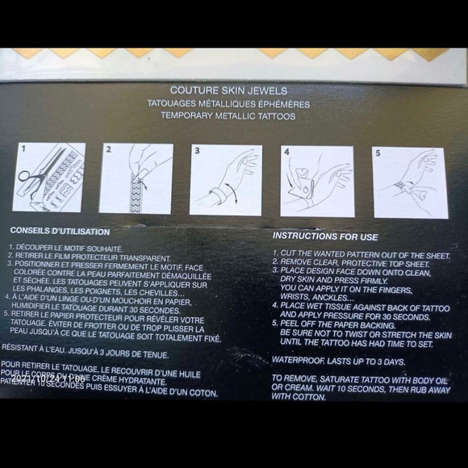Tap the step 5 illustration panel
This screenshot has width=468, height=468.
[410, 182]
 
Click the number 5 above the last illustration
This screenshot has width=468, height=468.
[377, 152]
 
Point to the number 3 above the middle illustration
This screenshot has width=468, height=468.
[196, 151]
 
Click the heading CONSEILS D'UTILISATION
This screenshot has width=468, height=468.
[53, 230]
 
